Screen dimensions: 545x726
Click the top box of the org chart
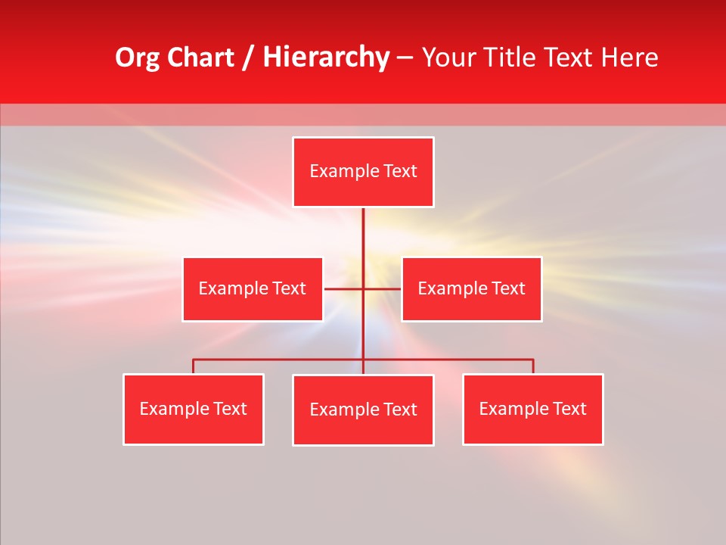(x=363, y=172)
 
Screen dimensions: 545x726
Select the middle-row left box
(x=253, y=289)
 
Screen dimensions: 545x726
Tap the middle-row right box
(x=471, y=289)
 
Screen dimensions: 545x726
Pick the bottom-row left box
(x=194, y=410)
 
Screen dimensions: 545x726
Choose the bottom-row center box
(x=363, y=410)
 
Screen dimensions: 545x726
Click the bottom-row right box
(x=532, y=410)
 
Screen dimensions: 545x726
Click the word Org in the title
(x=137, y=58)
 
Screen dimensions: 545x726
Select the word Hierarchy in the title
(x=326, y=58)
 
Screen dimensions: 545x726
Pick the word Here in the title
(x=629, y=58)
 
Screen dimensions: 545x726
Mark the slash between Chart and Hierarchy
(x=248, y=58)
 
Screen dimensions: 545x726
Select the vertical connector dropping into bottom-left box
(x=194, y=366)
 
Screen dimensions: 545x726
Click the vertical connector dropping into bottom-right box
(x=533, y=366)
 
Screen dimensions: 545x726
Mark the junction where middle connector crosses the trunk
(x=363, y=288)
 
